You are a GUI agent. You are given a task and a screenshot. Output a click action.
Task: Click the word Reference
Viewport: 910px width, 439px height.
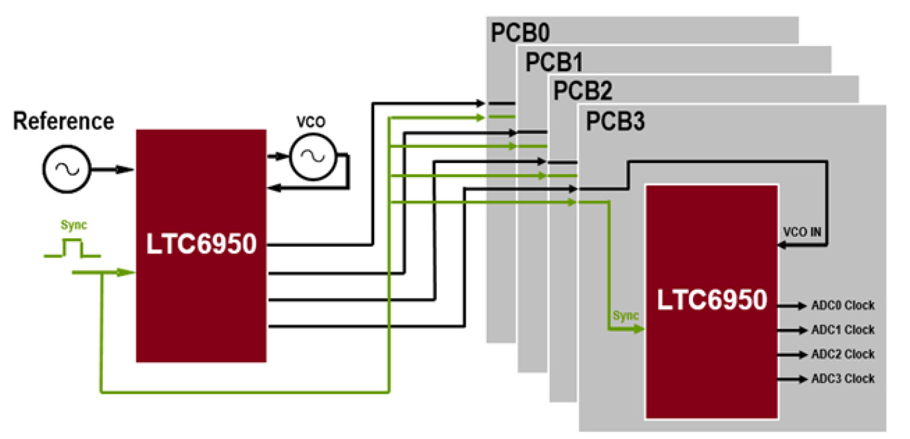(x=63, y=121)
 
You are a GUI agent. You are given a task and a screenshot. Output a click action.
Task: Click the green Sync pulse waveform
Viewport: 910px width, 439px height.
(x=72, y=249)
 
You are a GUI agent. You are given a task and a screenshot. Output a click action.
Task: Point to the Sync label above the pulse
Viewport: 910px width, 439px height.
(x=73, y=225)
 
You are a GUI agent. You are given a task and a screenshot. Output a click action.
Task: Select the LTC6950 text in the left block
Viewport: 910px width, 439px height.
(x=201, y=245)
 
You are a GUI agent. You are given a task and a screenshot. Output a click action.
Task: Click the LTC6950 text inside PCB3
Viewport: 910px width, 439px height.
(x=712, y=300)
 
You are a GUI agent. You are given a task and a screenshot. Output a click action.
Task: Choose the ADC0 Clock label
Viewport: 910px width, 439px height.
(x=843, y=306)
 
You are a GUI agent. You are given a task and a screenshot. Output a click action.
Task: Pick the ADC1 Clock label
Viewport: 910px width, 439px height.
(x=843, y=330)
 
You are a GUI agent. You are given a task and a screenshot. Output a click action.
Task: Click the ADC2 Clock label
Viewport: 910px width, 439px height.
(x=843, y=355)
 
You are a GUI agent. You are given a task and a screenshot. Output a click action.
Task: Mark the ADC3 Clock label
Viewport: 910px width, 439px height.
(x=843, y=379)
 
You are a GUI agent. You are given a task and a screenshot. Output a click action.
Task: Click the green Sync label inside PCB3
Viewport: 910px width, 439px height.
(x=626, y=316)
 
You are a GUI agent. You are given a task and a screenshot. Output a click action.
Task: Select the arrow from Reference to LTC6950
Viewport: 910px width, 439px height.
(x=113, y=170)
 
